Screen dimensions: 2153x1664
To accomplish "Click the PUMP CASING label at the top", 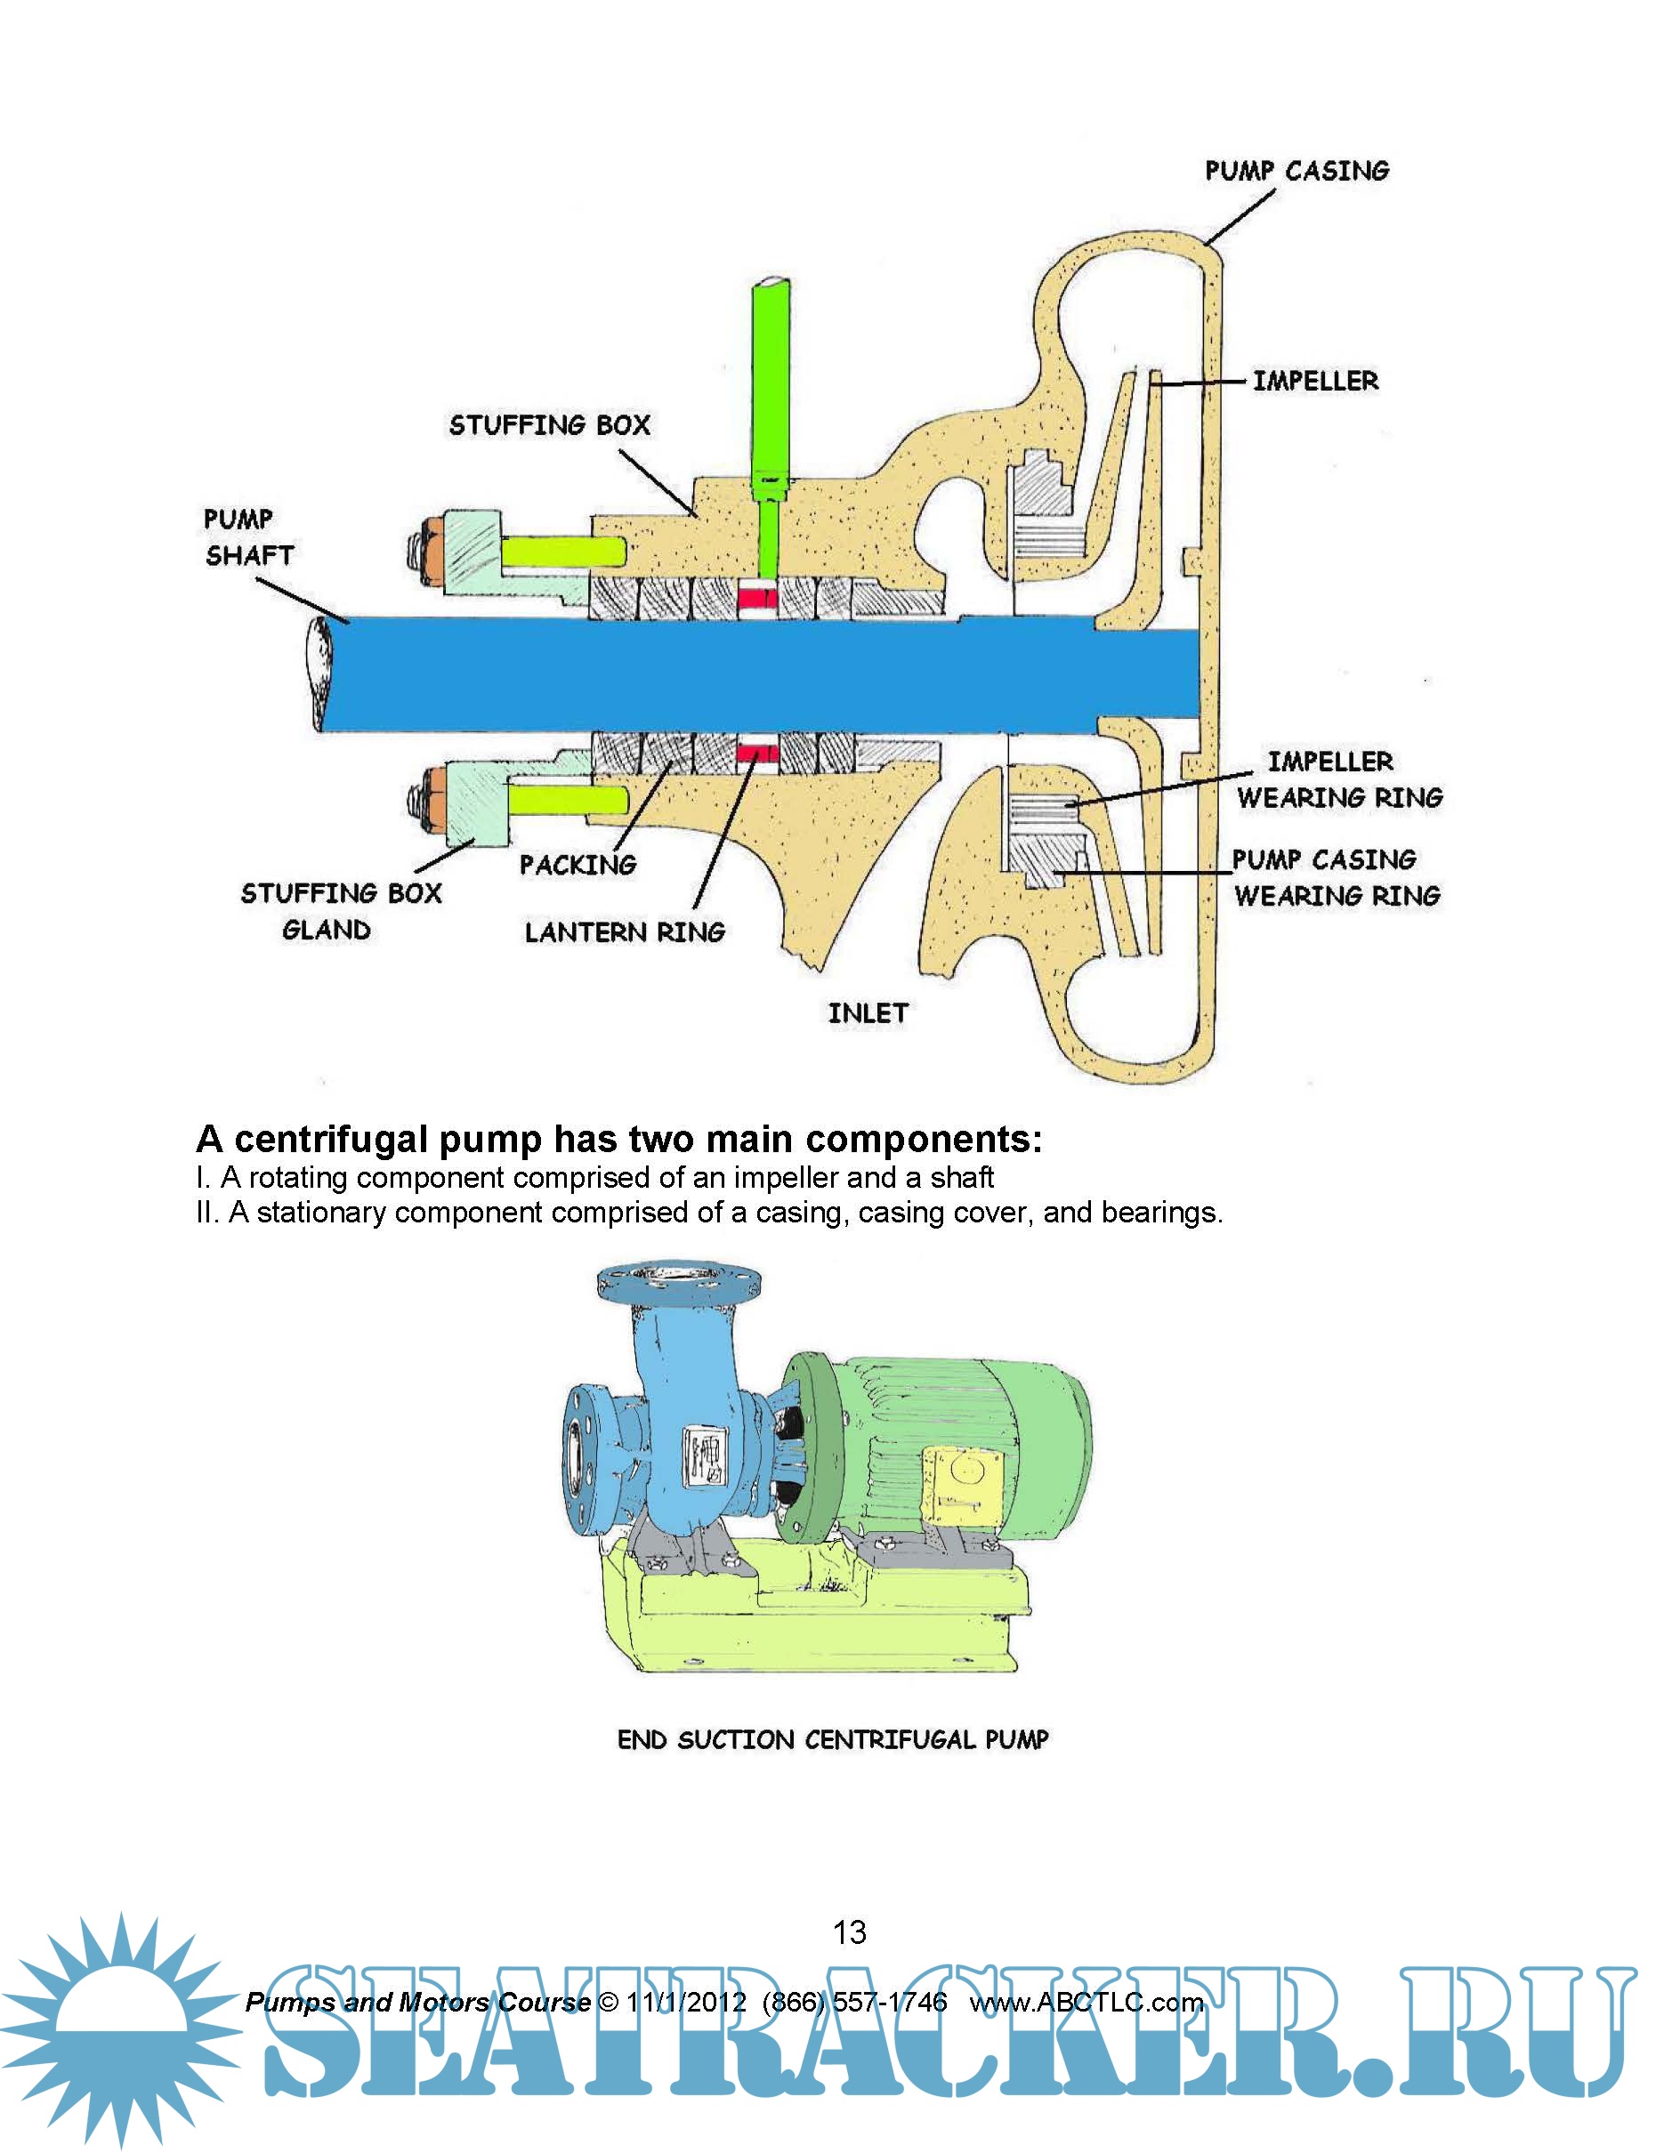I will pos(1296,171).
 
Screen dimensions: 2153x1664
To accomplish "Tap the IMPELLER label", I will pos(1315,381).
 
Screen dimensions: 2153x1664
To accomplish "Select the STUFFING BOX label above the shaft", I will pos(549,425).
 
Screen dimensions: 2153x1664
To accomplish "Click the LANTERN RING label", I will pos(624,931).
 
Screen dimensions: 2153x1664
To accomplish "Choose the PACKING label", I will pos(578,865).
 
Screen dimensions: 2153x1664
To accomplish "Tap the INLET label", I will pos(868,1012).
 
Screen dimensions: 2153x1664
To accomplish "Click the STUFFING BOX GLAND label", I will pos(340,911).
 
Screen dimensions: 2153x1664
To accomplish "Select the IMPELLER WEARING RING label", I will pos(1338,778).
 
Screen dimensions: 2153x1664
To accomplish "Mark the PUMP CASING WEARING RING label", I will pos(1335,877).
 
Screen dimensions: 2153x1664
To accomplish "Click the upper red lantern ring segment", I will pos(757,597).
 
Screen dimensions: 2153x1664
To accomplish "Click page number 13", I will pos(849,1931).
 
